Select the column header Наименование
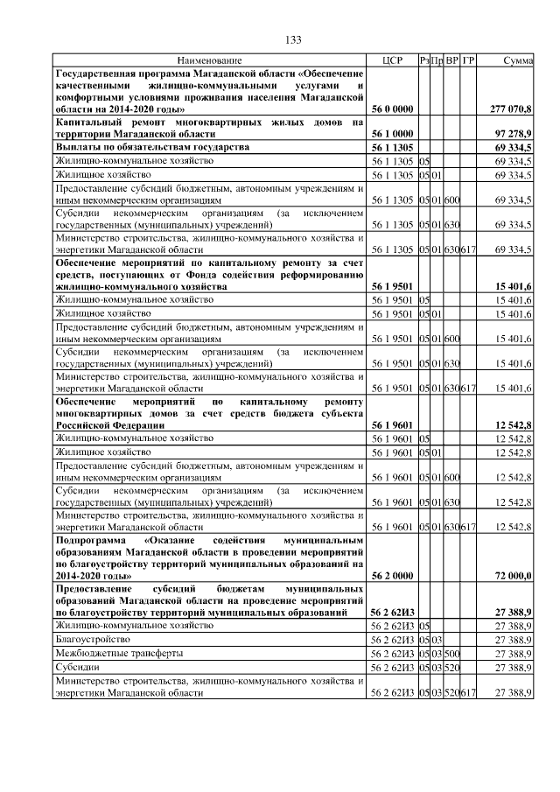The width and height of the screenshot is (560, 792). tap(209, 60)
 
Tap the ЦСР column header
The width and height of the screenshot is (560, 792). tap(391, 60)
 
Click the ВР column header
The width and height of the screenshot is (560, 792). tap(452, 60)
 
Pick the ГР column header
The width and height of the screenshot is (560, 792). tap(468, 60)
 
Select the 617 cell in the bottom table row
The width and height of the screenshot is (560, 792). tap(468, 692)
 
